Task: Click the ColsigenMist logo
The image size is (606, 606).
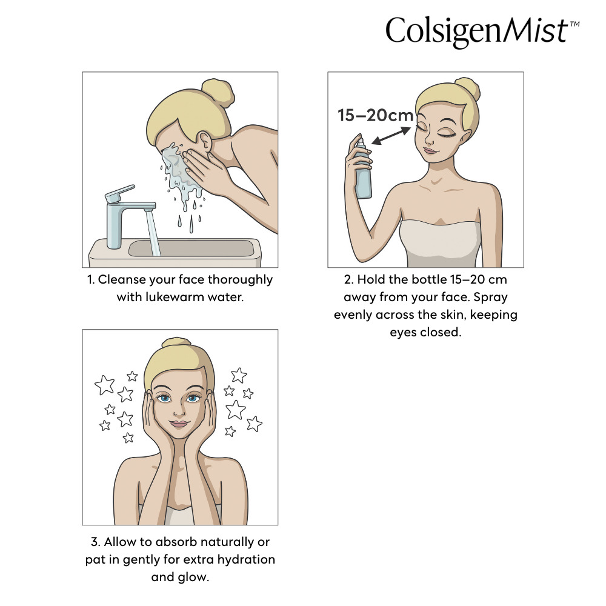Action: [x=482, y=32]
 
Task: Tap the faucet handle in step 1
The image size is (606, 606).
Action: [x=120, y=193]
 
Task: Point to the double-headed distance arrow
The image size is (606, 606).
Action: [x=391, y=136]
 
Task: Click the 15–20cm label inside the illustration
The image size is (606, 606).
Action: [x=375, y=115]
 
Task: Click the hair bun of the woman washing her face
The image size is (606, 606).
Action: [x=218, y=93]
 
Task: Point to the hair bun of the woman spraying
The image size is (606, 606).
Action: [x=467, y=90]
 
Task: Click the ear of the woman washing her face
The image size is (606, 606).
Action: [x=205, y=141]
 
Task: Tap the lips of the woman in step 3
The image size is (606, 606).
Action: [x=179, y=423]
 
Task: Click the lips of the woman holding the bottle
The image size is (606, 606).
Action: [x=430, y=150]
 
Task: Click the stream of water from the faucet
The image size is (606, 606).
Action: [x=153, y=233]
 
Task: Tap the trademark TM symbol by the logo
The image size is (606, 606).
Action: [x=574, y=24]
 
